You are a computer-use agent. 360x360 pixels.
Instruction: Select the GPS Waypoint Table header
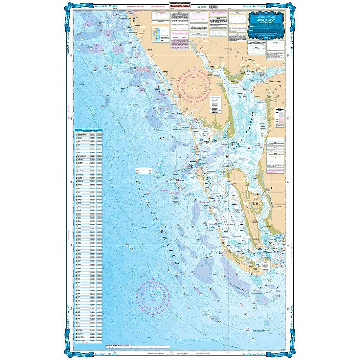(89, 130)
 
